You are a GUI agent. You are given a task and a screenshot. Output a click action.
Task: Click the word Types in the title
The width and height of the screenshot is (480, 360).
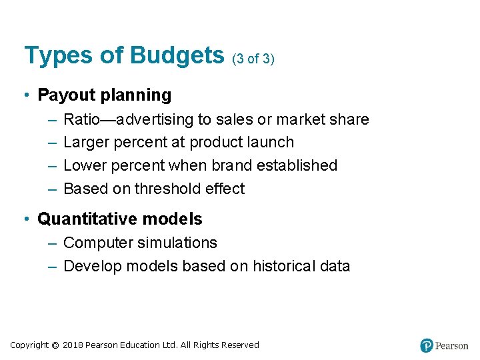(x=57, y=55)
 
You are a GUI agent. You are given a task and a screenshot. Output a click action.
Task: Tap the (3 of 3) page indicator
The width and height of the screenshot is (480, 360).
(x=253, y=59)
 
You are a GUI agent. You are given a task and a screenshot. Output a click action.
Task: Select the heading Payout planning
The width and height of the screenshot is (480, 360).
(x=104, y=95)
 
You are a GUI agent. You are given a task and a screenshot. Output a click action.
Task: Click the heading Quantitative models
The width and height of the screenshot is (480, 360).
(x=120, y=219)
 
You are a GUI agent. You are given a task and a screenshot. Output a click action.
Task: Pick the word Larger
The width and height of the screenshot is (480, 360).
(x=87, y=143)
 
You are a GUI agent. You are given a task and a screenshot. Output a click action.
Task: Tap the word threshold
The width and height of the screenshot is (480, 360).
(x=167, y=189)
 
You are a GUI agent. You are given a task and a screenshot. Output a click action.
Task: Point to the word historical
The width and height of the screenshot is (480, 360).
(x=283, y=266)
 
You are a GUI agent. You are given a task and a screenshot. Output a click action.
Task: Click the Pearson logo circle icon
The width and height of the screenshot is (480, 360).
(x=427, y=345)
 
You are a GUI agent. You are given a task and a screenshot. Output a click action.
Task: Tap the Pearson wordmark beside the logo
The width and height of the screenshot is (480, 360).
(x=452, y=346)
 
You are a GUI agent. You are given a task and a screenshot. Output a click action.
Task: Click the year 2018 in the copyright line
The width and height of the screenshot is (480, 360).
(x=73, y=345)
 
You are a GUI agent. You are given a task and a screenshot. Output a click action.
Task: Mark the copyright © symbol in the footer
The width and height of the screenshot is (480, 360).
(x=55, y=345)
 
